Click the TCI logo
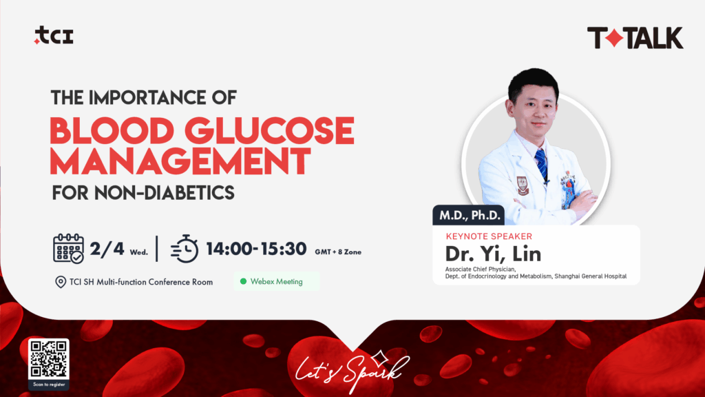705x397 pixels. [x=54, y=37]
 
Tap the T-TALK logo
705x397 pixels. [x=635, y=38]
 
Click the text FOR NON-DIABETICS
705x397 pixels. [x=143, y=193]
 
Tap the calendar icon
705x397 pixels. [x=69, y=248]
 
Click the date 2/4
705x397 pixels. [x=107, y=248]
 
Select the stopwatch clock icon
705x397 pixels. [x=185, y=249]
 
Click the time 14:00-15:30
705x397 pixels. [x=255, y=249]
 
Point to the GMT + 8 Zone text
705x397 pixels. [x=338, y=252]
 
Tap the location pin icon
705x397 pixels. [x=60, y=282]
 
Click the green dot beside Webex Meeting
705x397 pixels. [x=243, y=281]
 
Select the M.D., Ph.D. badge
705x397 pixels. [x=469, y=216]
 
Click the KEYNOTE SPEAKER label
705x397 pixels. [x=489, y=236]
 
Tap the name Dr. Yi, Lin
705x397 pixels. [x=493, y=253]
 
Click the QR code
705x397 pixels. [x=48, y=358]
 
